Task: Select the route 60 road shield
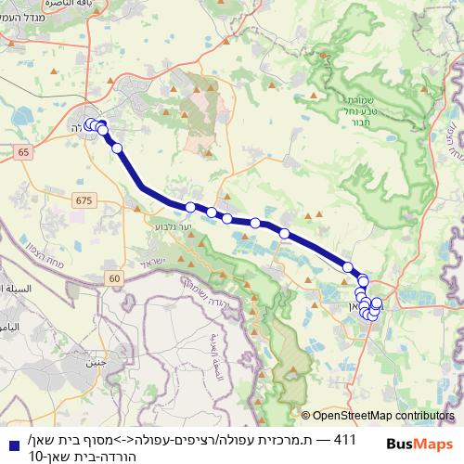pos(113,277)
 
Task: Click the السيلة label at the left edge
pos(15,289)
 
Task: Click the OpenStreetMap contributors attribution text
pos(383,417)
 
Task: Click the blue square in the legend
pos(10,446)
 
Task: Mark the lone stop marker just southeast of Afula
pos(118,148)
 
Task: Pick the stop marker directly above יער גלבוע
pos(190,207)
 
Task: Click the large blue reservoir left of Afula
pos(20,119)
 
